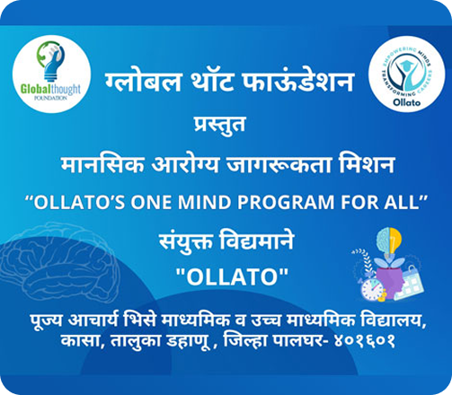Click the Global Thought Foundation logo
51,74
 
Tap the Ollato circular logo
406,75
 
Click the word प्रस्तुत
219,126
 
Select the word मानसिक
102,165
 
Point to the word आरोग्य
185,165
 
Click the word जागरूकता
279,165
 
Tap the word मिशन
367,165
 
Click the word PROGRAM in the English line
286,203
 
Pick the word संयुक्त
186,241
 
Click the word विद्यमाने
257,241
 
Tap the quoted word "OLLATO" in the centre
232,276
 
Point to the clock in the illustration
372,290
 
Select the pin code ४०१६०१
365,341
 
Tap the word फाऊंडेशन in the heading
298,81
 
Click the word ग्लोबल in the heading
143,81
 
